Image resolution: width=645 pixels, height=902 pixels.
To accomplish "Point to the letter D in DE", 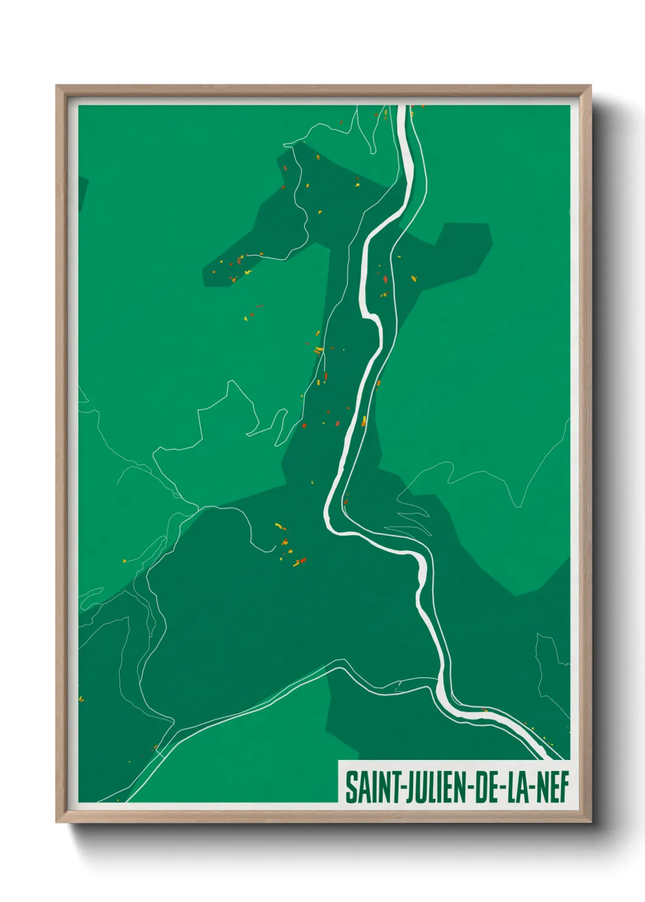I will (x=479, y=787).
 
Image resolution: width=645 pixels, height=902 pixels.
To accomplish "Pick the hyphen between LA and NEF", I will (x=534, y=789).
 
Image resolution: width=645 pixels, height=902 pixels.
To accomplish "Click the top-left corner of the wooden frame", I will (x=57, y=86).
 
